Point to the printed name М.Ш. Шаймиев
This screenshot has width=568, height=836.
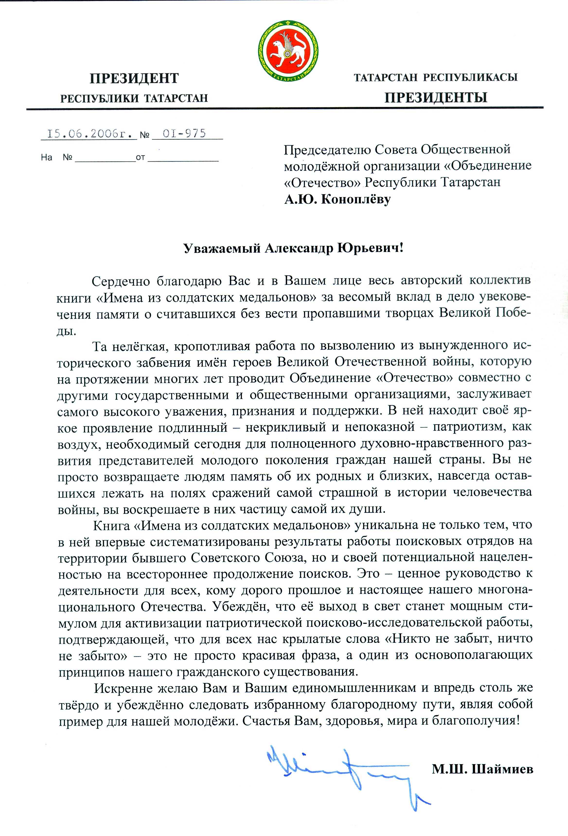pos(482,769)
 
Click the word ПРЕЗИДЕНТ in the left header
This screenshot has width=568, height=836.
pos(134,78)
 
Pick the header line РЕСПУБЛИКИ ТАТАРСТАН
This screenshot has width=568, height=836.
pos(134,98)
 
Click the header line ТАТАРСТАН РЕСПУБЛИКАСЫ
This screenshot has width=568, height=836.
pos(435,77)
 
